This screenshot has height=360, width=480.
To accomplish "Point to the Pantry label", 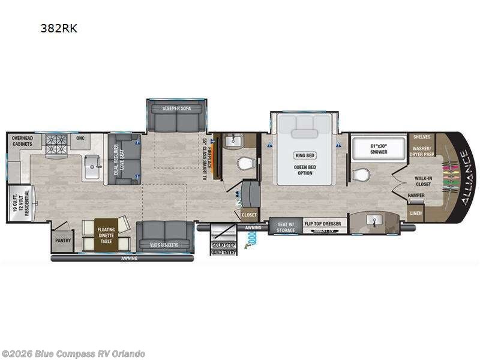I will click(x=63, y=241).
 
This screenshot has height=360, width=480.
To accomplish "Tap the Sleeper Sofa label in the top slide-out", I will click(x=176, y=108).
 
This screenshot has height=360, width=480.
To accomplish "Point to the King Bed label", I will click(x=305, y=155).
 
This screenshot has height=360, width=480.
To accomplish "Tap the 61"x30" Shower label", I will click(x=378, y=148).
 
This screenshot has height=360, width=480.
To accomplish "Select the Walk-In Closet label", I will click(x=424, y=181).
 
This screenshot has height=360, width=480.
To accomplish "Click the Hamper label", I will click(x=416, y=196).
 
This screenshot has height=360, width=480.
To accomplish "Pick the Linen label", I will click(x=416, y=214).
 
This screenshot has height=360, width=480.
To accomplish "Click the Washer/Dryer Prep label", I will click(x=422, y=149).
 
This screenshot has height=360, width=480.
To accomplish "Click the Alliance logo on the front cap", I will click(x=464, y=178).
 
